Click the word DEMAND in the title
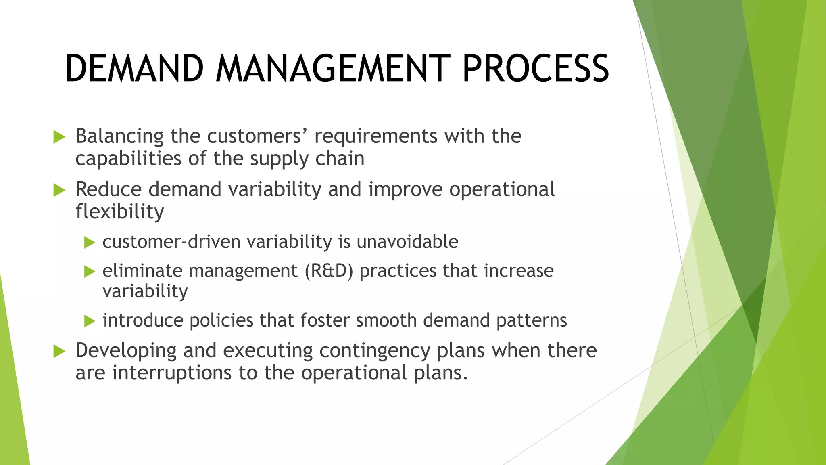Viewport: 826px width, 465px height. pos(134,69)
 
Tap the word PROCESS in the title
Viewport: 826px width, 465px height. pos(535,69)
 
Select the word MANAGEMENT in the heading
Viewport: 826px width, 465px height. pos(333,69)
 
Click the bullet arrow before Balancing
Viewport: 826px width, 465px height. pos(59,137)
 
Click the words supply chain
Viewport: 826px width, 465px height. pos(307,159)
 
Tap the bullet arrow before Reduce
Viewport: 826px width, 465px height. pos(59,190)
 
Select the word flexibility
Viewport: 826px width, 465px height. pos(120,212)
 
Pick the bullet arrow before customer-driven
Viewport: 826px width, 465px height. pos(89,243)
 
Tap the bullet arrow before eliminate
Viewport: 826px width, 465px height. pos(89,272)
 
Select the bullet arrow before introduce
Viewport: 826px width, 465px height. pos(89,321)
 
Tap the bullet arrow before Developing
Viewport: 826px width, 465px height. pos(59,352)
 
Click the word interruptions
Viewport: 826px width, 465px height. pos(172,373)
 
